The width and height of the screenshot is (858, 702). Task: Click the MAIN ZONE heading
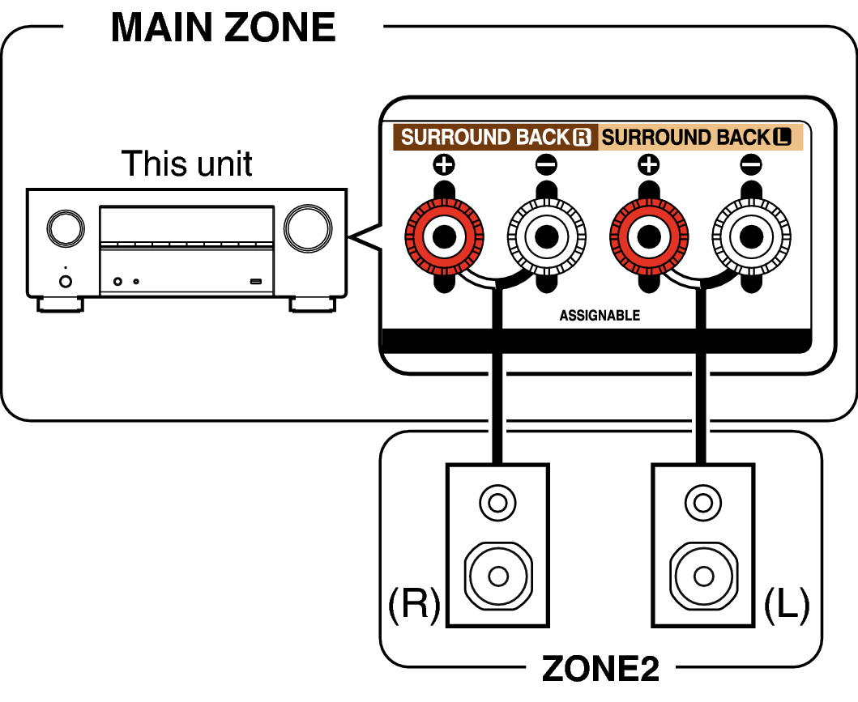coord(223,27)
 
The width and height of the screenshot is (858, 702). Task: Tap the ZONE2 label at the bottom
coord(600,668)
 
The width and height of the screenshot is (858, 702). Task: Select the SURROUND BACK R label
coord(495,137)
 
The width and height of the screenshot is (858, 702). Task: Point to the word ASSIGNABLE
coord(600,315)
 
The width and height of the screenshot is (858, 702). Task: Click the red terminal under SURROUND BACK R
coord(444,237)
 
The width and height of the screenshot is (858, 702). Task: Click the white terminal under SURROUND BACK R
coord(546,237)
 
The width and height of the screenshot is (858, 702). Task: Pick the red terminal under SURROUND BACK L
coord(648,237)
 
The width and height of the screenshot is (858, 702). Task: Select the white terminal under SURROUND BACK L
coord(751,237)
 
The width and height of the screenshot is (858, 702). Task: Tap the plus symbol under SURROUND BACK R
coord(444,166)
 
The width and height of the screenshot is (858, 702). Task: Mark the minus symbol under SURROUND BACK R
coord(546,166)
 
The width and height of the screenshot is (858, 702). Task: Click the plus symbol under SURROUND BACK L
coord(648,166)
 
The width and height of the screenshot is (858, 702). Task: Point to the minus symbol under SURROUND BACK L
coord(751,166)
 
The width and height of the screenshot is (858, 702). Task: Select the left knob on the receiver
coord(65,228)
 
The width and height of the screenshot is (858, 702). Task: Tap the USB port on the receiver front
coord(256,282)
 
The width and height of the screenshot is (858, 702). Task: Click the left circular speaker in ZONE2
coord(498,576)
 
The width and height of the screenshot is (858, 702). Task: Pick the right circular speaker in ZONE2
coord(704,576)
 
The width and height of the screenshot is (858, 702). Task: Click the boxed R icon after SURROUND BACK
coord(582,137)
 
